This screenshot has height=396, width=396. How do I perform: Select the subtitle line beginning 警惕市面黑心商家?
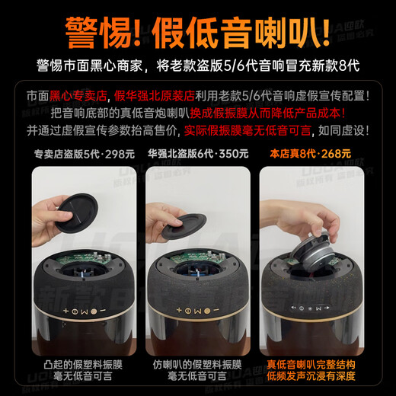pos(198,65)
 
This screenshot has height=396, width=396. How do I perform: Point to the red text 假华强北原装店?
pos(156,97)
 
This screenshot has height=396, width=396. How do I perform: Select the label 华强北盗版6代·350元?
pos(197,152)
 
